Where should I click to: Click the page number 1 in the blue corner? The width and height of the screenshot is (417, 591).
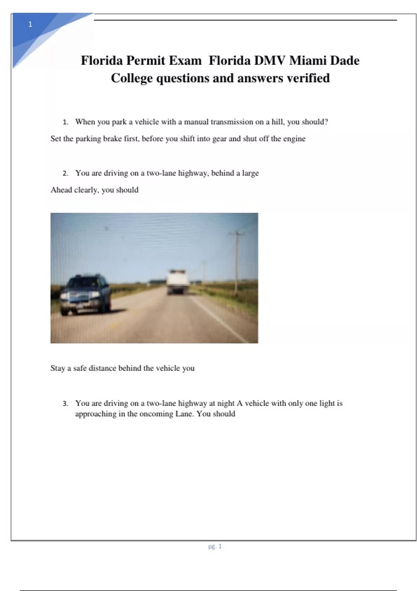pos(30,24)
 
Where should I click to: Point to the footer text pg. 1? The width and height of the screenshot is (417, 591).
pos(215,546)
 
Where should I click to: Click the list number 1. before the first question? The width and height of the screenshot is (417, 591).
pos(65,122)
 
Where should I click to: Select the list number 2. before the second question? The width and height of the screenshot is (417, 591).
pos(65,173)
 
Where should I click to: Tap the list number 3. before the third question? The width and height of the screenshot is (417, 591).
pos(65,404)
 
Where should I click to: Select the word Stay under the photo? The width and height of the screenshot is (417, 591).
pos(58,368)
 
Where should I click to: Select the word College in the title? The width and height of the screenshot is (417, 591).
pos(132,78)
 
